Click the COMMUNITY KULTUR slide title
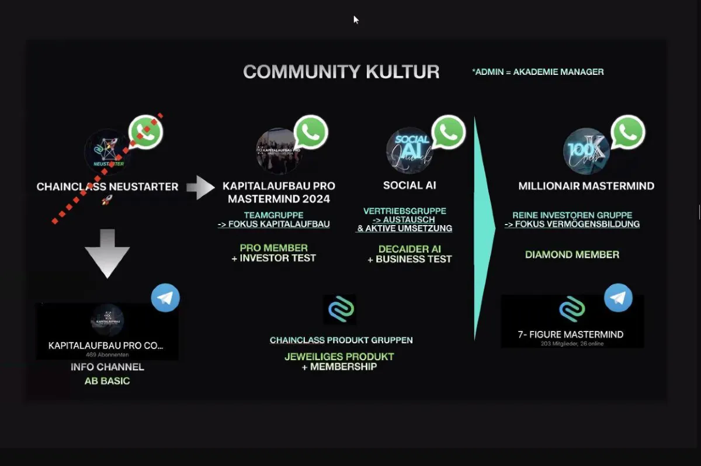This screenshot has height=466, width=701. click(341, 72)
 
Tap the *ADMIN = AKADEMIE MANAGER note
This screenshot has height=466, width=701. click(537, 72)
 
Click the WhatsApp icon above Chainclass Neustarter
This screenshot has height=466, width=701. click(145, 132)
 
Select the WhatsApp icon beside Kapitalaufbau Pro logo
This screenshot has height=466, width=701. click(311, 132)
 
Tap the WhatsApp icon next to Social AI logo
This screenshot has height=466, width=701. click(448, 132)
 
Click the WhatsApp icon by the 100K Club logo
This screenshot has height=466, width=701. click(628, 132)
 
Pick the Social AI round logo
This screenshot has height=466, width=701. click(409, 150)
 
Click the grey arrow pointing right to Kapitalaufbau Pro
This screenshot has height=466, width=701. click(200, 188)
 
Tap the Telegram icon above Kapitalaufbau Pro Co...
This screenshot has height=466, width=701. click(165, 298)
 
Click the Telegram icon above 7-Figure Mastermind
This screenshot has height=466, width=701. click(618, 298)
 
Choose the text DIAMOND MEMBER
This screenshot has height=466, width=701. click(572, 254)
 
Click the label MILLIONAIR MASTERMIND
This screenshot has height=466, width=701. click(586, 187)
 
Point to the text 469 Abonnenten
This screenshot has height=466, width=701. click(107, 354)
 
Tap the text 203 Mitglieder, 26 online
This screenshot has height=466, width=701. click(572, 344)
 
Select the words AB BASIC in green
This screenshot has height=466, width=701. click(107, 381)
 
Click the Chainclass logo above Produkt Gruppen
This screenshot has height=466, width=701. click(339, 309)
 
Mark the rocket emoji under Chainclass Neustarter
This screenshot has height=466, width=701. click(107, 200)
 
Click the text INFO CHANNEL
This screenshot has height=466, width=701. click(107, 367)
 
